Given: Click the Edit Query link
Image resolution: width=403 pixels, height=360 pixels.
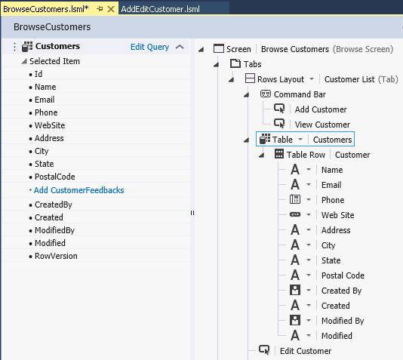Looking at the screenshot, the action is point(149,47).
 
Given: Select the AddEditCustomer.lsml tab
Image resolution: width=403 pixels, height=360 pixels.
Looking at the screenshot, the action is point(161,9).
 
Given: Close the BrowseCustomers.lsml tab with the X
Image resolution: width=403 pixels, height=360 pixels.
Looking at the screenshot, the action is point(111,9).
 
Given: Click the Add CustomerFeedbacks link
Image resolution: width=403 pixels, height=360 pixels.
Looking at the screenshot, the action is point(79,190).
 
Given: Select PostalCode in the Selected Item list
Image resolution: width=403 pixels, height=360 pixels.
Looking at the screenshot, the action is point(55,177).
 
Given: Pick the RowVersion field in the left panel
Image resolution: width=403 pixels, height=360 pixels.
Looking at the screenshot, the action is point(56,256).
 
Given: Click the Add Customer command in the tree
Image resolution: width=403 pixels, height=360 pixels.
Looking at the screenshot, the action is point(321,109).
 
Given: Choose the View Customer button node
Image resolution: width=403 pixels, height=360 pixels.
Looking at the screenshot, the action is point(322,125).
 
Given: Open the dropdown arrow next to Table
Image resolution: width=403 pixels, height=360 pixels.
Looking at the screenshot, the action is point(300,140).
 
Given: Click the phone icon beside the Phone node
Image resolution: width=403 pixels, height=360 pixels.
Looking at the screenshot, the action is point(295,199).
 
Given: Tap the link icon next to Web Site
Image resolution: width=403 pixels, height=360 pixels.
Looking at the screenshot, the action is point(295,214).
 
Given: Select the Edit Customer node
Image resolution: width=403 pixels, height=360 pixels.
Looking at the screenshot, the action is point(306,351).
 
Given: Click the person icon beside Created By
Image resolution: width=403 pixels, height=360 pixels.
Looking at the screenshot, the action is point(295,290).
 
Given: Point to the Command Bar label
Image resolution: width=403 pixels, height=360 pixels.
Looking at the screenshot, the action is point(300,94).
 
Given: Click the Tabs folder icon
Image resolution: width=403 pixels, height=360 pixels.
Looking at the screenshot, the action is point(235,63).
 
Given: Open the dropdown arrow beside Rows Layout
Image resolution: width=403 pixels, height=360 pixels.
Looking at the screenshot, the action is point(312,79).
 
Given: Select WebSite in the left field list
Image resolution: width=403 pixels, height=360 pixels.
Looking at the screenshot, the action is point(50,125).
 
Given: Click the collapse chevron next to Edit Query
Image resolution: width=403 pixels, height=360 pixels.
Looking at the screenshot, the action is point(180,47).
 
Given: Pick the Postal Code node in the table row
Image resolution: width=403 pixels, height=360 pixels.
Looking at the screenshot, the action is point(343,275).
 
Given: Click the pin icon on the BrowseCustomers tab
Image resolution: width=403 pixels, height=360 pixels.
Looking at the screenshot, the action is point(100,9).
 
